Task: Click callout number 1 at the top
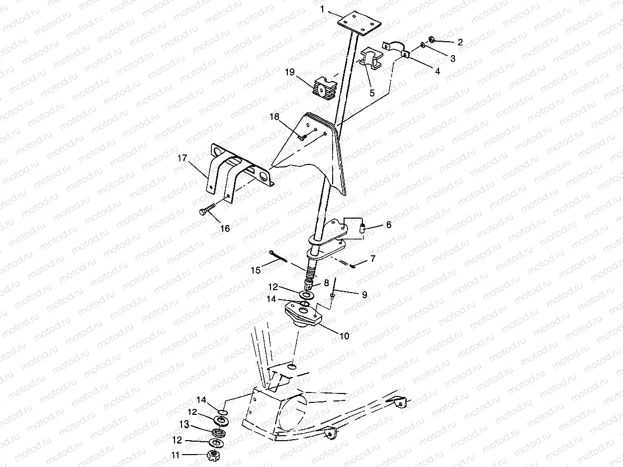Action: click(x=323, y=9)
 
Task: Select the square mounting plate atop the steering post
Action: click(x=358, y=23)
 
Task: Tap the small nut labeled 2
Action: click(x=432, y=40)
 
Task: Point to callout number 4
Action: click(x=437, y=71)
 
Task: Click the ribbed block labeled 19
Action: click(x=323, y=89)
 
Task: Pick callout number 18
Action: click(x=275, y=117)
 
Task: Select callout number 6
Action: click(x=388, y=225)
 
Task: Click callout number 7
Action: click(x=372, y=258)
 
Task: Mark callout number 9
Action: click(x=364, y=295)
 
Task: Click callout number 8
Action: click(x=326, y=283)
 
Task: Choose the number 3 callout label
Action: click(x=452, y=59)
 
